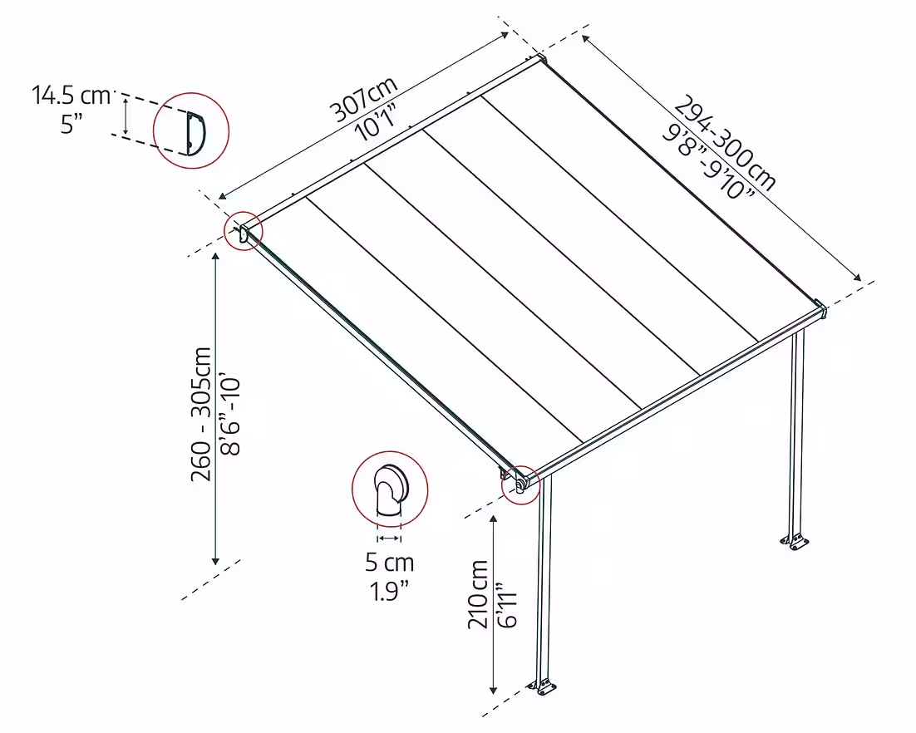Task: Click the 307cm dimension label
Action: (x=363, y=98)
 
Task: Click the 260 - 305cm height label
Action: (x=200, y=413)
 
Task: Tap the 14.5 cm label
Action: (x=71, y=96)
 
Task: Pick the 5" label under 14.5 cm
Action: (x=71, y=125)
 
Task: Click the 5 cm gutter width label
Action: (x=389, y=563)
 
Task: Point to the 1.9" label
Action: (x=389, y=591)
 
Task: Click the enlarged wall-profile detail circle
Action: (x=191, y=131)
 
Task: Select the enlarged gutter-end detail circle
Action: (x=390, y=491)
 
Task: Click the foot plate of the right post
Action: (x=795, y=543)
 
